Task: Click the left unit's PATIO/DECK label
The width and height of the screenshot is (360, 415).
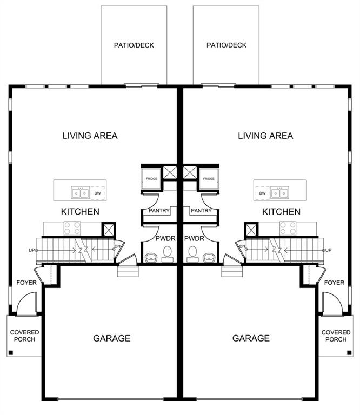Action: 134,45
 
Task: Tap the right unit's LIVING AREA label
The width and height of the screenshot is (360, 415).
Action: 265,136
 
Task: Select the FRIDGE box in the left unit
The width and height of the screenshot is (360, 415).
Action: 151,179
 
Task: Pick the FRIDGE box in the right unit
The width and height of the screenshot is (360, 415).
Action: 209,179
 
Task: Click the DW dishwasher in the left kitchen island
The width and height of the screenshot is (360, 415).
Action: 97,193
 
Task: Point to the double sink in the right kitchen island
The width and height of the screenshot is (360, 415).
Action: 280,193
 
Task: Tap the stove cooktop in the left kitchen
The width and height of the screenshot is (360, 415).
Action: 72,229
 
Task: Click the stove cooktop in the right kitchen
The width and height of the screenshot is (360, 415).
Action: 288,229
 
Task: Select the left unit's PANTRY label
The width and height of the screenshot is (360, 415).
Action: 157,211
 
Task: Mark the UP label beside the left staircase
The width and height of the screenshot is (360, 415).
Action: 32,250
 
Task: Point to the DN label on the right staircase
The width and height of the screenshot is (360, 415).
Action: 243,247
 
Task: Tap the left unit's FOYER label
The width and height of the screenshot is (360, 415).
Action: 25,283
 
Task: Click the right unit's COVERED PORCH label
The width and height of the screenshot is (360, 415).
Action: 336,336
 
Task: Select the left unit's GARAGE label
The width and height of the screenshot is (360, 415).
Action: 112,338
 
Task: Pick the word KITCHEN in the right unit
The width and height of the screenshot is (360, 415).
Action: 281,212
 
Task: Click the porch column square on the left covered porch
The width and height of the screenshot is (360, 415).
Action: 10,353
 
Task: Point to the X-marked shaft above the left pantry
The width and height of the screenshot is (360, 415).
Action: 170,173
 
